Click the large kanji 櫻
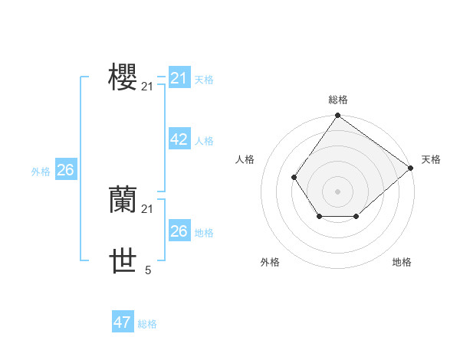(123, 77)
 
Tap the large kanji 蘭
(123, 200)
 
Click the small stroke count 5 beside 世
(148, 270)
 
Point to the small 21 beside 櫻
(147, 87)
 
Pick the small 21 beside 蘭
(147, 209)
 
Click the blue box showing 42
(179, 139)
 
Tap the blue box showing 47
(122, 322)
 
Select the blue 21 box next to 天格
(179, 78)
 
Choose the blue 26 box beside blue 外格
(65, 170)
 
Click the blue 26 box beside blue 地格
(179, 231)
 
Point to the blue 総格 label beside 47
(147, 324)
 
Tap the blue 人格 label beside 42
(204, 141)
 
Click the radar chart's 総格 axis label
(338, 100)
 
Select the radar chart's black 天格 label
(431, 159)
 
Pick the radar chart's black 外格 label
(270, 262)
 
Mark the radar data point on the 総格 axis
(338, 116)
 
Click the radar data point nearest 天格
(411, 168)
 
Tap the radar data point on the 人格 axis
(294, 178)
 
